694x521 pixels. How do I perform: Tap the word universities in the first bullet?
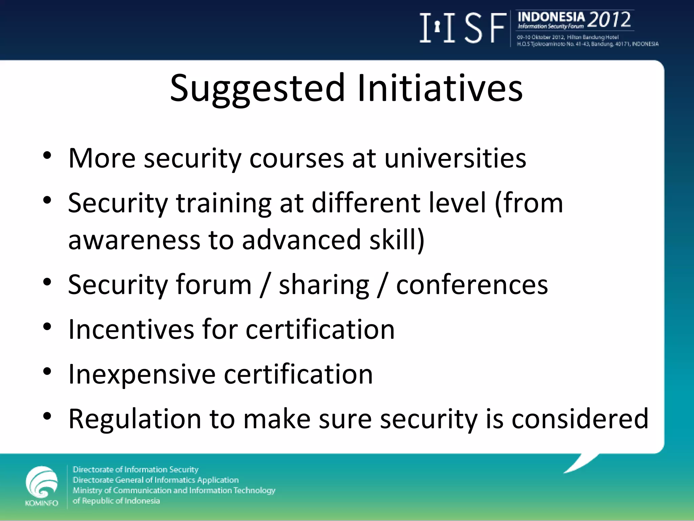coord(455,158)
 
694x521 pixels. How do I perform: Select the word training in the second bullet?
coord(224,204)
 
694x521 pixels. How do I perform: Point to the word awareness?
coord(134,240)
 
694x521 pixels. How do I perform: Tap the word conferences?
coord(472,285)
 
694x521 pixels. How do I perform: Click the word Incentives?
coord(131,329)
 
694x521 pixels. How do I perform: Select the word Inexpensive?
coord(142,374)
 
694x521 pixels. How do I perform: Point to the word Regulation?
coord(135,419)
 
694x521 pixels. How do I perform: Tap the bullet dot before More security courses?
coord(47,156)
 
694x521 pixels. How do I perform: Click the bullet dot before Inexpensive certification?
coord(47,371)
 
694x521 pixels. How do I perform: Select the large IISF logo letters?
coord(463,28)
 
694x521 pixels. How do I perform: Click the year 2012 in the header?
coord(609,20)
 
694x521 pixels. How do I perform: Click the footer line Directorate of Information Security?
coord(136,469)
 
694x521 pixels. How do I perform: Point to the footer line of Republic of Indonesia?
coord(116,501)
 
